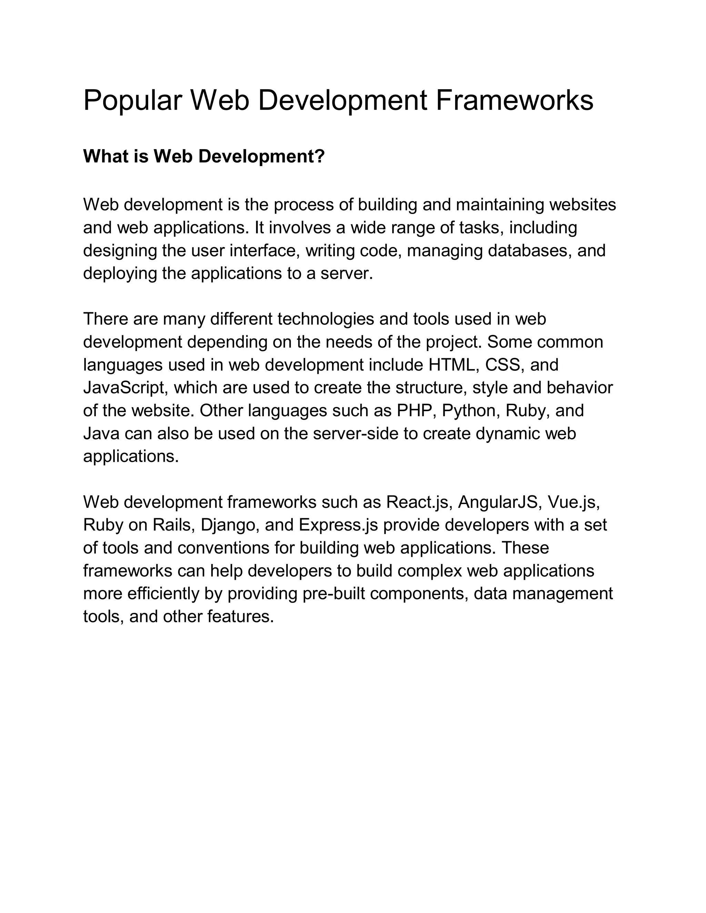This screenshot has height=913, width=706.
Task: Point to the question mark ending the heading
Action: [x=320, y=156]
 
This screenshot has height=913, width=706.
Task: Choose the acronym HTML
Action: [x=454, y=365]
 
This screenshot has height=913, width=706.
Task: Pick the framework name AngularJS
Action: [x=497, y=502]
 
